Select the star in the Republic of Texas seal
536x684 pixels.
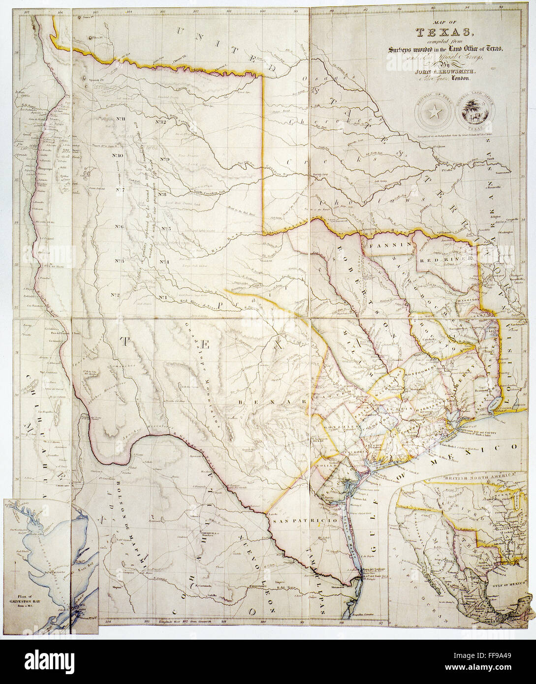434,113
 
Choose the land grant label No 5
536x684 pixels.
165,228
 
